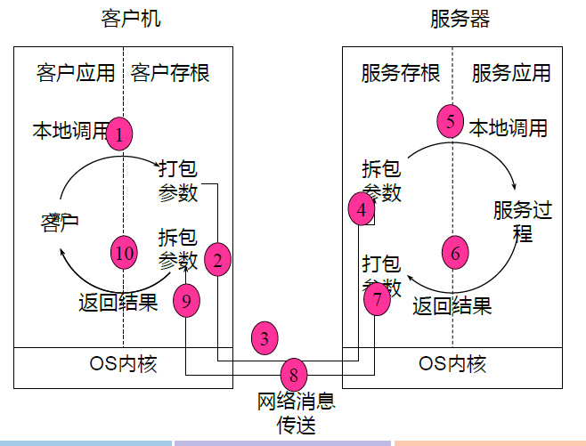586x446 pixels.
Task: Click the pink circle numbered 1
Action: click(119, 134)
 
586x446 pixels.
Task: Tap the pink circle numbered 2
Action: click(217, 259)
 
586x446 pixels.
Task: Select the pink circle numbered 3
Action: click(265, 338)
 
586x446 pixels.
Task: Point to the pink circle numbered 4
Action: click(361, 210)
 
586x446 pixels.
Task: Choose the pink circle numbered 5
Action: click(452, 121)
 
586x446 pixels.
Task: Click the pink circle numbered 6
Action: click(455, 253)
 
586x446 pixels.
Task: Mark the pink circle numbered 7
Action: click(378, 299)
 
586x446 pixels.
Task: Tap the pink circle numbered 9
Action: click(186, 301)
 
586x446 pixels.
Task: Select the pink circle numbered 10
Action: click(124, 253)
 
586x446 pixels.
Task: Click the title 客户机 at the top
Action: click(132, 19)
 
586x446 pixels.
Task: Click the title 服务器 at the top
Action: click(460, 19)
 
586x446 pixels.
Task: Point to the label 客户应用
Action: click(76, 73)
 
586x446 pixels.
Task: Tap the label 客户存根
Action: click(170, 73)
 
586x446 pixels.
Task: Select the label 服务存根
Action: click(401, 73)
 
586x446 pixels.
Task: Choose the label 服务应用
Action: click(511, 73)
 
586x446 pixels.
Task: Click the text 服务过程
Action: click(523, 222)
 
